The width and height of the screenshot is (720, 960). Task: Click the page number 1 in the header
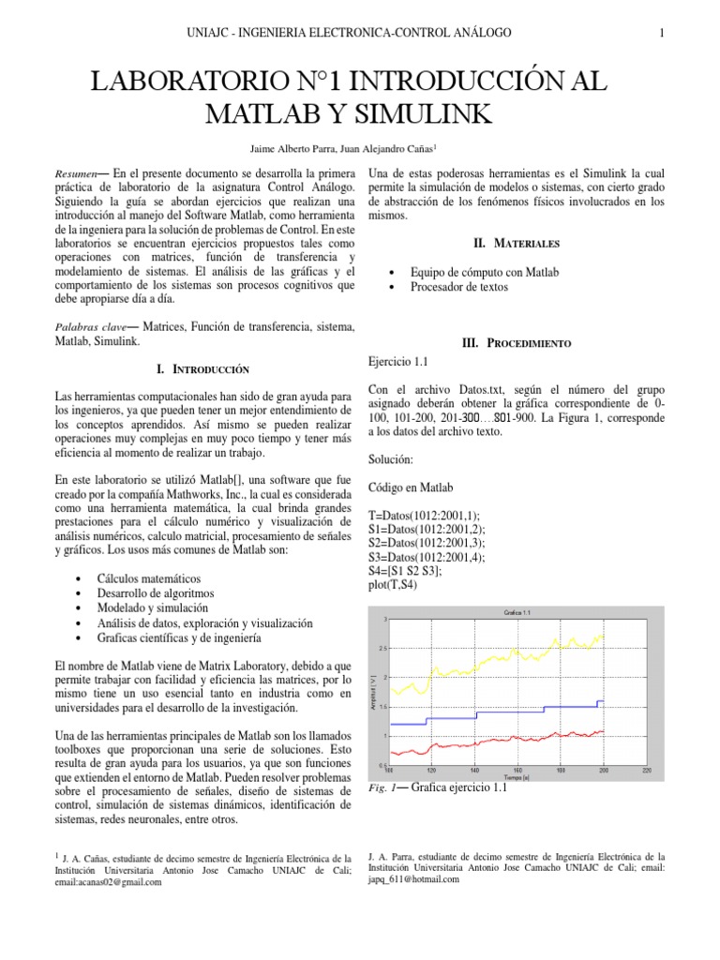(x=662, y=33)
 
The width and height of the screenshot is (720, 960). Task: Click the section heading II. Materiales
(x=517, y=244)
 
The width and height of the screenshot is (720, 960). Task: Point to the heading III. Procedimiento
(x=517, y=344)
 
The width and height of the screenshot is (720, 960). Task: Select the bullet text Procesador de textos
(x=459, y=288)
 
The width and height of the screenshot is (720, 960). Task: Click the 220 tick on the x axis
(x=646, y=771)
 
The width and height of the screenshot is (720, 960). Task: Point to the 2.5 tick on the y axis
(x=382, y=648)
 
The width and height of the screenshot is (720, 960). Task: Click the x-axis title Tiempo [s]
(x=510, y=778)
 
